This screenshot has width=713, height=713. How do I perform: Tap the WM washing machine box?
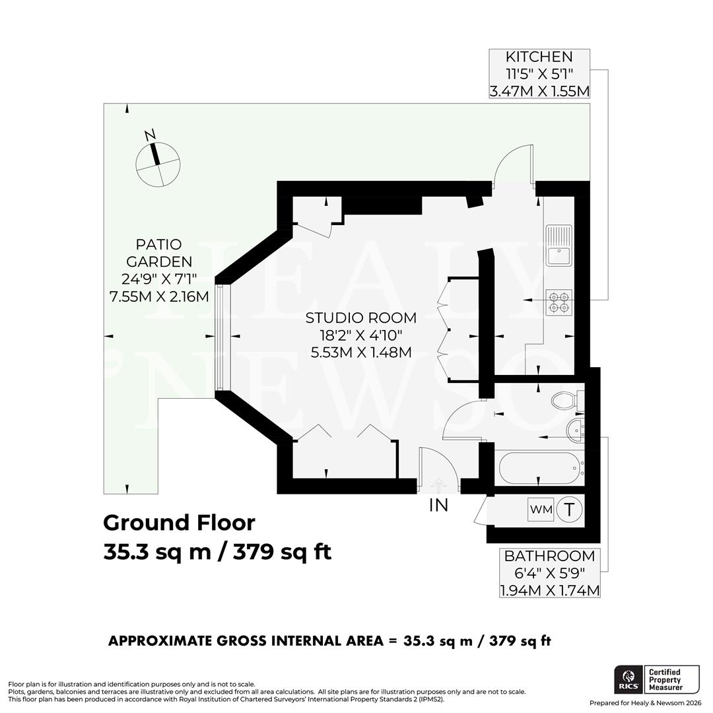pyautogui.click(x=541, y=510)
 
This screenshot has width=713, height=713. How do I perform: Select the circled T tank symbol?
pyautogui.click(x=569, y=510)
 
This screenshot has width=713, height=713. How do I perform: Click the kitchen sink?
pyautogui.click(x=559, y=245)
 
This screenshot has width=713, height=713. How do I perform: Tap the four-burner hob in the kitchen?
pyautogui.click(x=559, y=302)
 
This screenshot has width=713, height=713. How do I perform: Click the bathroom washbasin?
pyautogui.click(x=576, y=429)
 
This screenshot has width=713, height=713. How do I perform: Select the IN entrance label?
pyautogui.click(x=438, y=506)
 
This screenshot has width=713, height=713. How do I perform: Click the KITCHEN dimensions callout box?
pyautogui.click(x=539, y=74)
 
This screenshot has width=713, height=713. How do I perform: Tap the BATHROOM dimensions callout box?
pyautogui.click(x=549, y=572)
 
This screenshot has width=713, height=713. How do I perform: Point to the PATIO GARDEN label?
pyautogui.click(x=159, y=271)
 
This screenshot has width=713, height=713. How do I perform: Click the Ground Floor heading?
pyautogui.click(x=179, y=523)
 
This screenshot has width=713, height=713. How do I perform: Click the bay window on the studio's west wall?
pyautogui.click(x=221, y=337)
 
